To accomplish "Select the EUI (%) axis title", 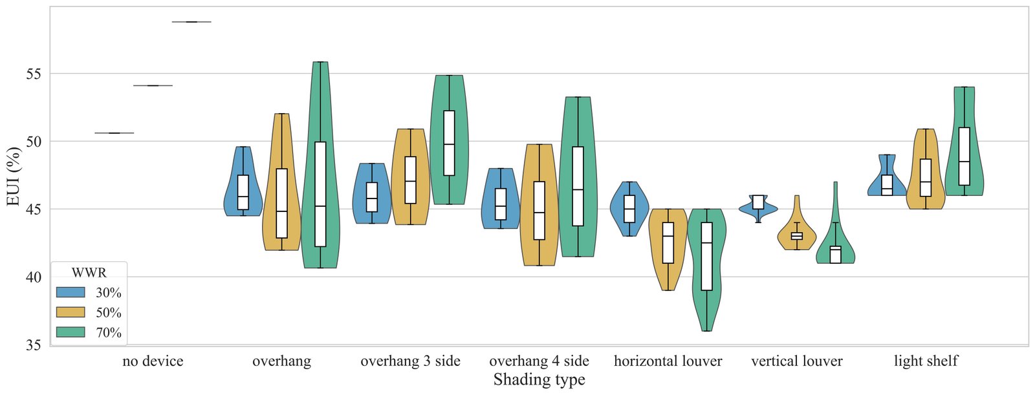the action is (13, 176).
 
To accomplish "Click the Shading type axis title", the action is (539, 379).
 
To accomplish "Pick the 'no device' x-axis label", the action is (153, 361).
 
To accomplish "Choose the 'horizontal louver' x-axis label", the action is (668, 361).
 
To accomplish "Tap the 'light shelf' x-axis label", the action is (926, 361).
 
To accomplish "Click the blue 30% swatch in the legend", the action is (71, 292).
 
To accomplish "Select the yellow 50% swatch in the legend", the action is (71, 312).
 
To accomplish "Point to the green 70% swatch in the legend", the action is (71, 332).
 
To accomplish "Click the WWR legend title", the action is (89, 273).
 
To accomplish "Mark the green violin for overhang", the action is (320, 165).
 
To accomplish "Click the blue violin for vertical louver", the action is (758, 209).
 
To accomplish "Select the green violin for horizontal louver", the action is (706, 270).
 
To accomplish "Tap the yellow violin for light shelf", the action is (926, 169).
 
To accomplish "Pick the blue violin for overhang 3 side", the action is (371, 193).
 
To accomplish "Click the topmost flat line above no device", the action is (191, 22).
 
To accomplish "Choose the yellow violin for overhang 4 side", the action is (539, 205).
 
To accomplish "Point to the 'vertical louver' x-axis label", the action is (796, 361).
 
